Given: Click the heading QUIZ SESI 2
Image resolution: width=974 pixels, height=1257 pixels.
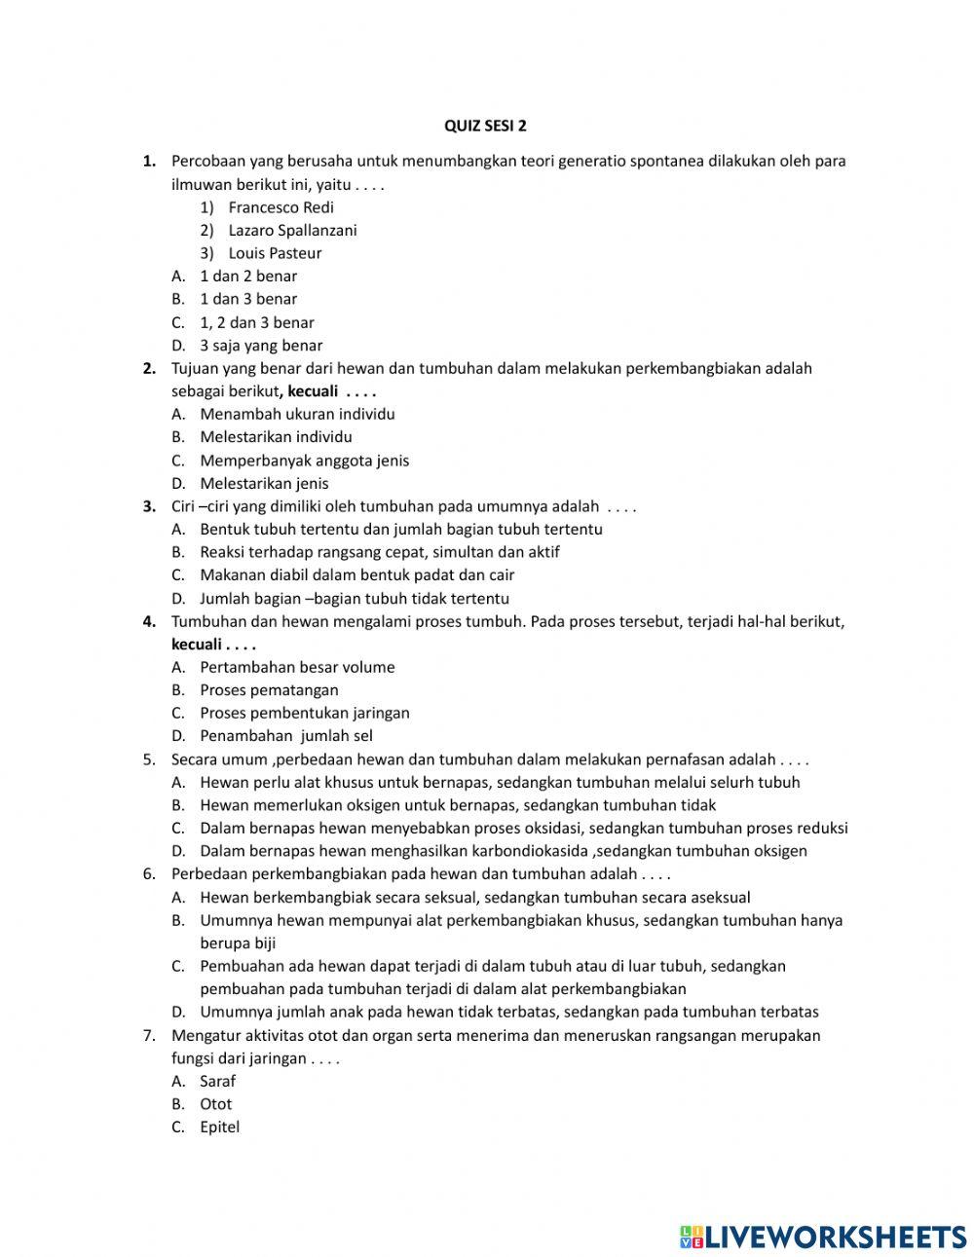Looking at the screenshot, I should pos(485,126).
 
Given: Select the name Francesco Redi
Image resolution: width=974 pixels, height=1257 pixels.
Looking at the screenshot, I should pos(281,207).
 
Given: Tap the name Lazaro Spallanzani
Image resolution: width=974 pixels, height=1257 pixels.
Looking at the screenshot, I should pos(292,231).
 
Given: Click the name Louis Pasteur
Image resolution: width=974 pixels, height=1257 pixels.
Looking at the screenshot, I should pos(275,253).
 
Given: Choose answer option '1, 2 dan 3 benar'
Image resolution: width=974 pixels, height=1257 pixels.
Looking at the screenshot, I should pos(257,322).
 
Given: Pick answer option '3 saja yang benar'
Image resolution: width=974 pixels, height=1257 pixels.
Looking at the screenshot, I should pos(261,346).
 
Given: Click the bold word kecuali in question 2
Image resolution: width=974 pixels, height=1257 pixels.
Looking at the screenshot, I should pos(313,391).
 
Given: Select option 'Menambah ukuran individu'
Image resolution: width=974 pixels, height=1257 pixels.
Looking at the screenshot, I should pos(297,414).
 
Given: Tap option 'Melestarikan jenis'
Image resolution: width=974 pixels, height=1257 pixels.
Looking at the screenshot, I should pos(264,484).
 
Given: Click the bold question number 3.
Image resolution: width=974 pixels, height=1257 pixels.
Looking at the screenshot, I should pos(149,506).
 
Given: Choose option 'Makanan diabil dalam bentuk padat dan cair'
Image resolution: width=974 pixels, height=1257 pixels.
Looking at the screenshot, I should pos(356,575).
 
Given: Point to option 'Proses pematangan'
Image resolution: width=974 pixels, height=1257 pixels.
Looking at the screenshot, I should pos(269,690).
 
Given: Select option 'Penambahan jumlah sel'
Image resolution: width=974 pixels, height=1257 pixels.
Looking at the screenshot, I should pos(286,736).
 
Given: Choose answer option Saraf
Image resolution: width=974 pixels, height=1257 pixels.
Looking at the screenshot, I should pos(217,1081).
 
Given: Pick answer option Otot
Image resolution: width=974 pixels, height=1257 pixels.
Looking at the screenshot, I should pos(215,1104).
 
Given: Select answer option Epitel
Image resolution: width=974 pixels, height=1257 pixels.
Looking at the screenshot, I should pos(219,1128).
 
